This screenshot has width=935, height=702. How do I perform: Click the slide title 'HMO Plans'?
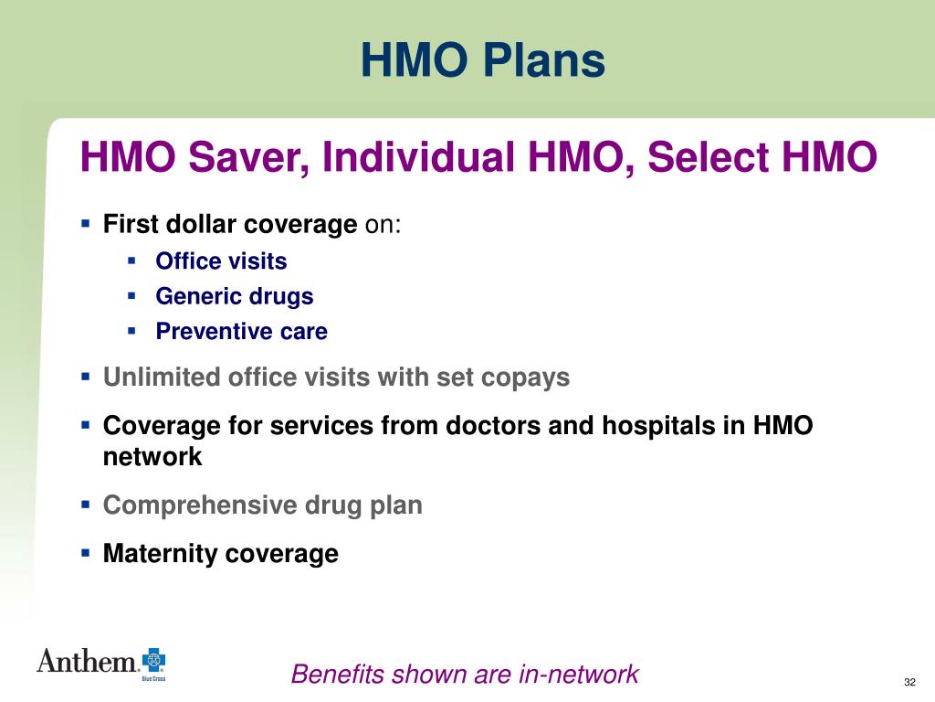click(x=482, y=61)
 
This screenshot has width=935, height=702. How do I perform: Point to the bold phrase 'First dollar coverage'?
click(x=230, y=225)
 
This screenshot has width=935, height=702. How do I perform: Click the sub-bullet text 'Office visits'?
click(x=221, y=261)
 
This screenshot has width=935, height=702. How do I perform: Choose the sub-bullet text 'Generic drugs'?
click(x=234, y=296)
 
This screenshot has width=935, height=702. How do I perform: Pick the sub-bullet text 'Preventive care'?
click(x=241, y=331)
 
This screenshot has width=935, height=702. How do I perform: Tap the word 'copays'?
click(x=528, y=378)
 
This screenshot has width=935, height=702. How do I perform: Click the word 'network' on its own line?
click(x=152, y=457)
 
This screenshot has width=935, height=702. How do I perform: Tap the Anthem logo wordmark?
click(x=87, y=660)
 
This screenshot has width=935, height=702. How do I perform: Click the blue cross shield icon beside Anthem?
click(x=153, y=661)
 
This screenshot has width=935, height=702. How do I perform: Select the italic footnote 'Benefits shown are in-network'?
click(x=465, y=675)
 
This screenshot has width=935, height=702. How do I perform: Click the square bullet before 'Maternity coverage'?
click(x=86, y=553)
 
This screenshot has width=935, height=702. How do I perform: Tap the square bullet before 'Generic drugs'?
click(x=132, y=295)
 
